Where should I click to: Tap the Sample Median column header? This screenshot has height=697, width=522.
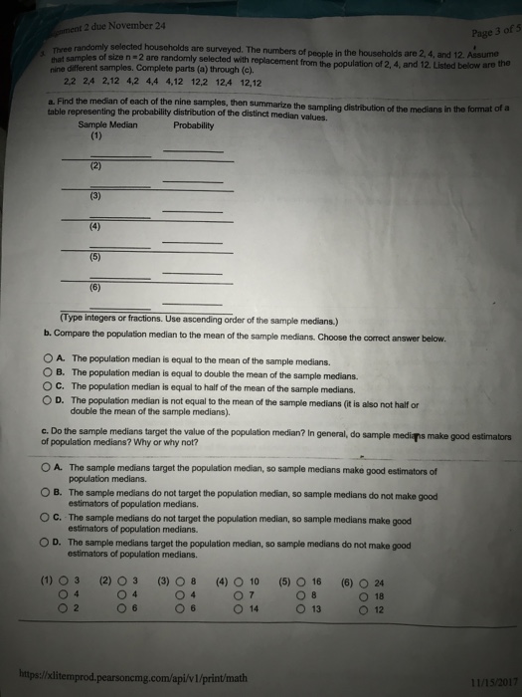pyautogui.click(x=107, y=125)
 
